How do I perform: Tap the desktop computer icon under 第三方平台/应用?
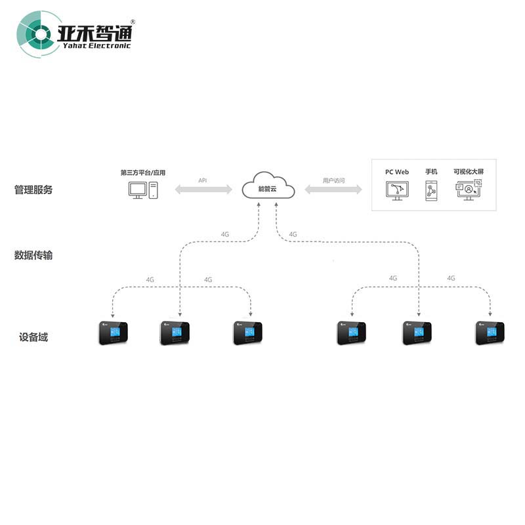pyautogui.click(x=143, y=190)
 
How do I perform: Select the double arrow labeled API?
pyautogui.click(x=203, y=190)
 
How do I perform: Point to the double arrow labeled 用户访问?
pyautogui.click(x=333, y=190)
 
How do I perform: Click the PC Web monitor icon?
pyautogui.click(x=396, y=190)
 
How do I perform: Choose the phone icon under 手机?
pyautogui.click(x=431, y=190)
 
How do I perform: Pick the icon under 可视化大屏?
pyautogui.click(x=468, y=190)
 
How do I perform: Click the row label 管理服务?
pyautogui.click(x=33, y=190)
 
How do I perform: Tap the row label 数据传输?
pyautogui.click(x=33, y=255)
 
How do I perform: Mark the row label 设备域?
pyautogui.click(x=33, y=337)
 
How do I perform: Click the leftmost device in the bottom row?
pyautogui.click(x=114, y=333)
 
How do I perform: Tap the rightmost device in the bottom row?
pyautogui.click(x=490, y=333)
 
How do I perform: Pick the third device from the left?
pyautogui.click(x=247, y=333)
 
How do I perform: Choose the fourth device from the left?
pyautogui.click(x=351, y=333)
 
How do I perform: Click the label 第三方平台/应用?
pyautogui.click(x=143, y=173)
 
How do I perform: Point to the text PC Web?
pyautogui.click(x=397, y=172)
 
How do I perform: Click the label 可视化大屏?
pyautogui.click(x=469, y=172)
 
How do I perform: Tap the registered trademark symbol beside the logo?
pyautogui.click(x=133, y=22)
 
